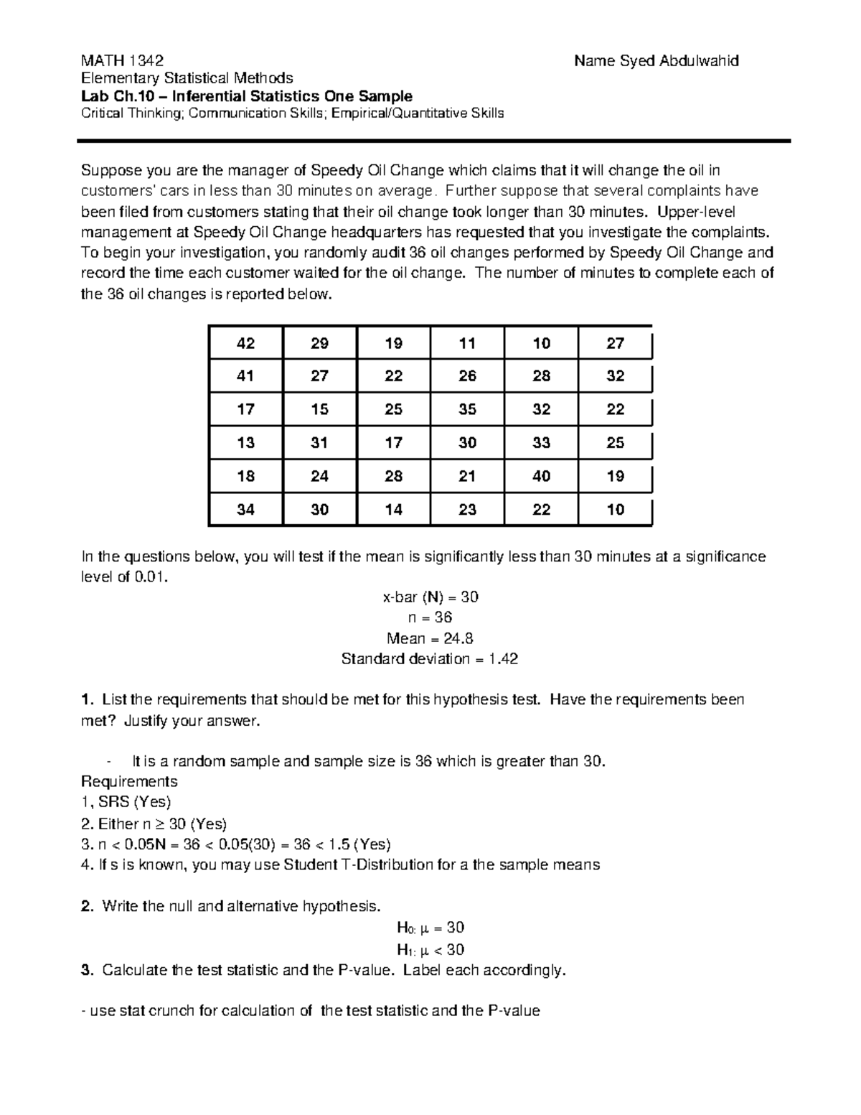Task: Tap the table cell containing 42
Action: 245,343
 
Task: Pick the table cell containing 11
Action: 467,343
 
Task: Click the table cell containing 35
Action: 467,409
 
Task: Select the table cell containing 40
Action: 541,476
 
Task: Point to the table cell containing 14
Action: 393,510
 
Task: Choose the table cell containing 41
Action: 245,376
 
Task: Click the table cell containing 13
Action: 245,443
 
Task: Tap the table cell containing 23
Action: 467,510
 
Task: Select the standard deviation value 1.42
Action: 503,658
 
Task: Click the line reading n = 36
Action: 430,617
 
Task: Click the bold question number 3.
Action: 87,971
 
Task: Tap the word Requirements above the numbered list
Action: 129,781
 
